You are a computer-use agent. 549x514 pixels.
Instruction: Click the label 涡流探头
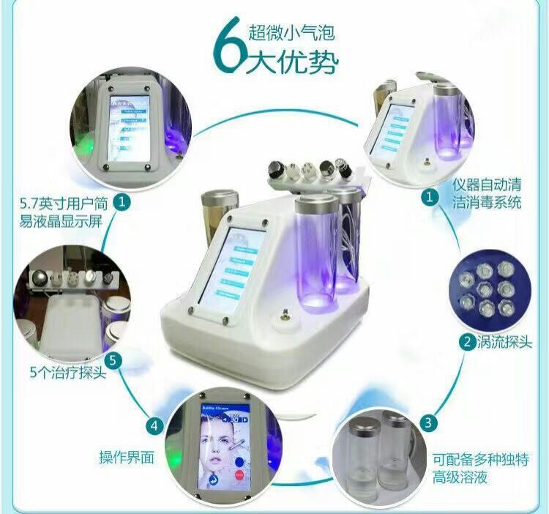(x=504, y=341)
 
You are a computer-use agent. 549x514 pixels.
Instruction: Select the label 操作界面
(x=127, y=458)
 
